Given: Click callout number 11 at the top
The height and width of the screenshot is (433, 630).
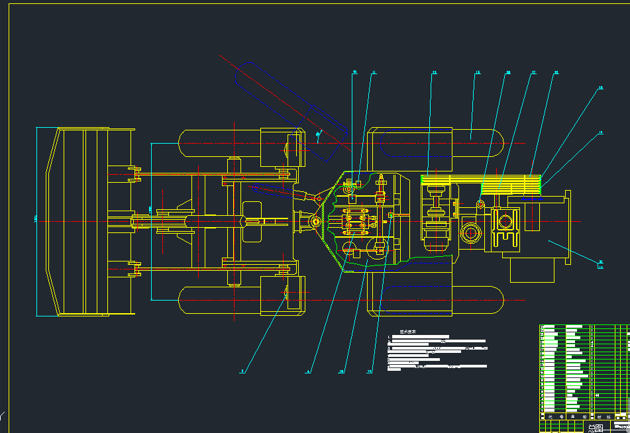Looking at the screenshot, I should point(373,72).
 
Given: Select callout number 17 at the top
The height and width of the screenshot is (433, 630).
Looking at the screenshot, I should point(533,72).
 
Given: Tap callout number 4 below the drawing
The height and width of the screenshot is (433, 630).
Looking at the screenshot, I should point(307,371).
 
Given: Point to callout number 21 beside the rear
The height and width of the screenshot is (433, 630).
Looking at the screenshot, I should point(601,262).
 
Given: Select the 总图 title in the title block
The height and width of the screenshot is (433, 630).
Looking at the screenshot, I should point(596,428).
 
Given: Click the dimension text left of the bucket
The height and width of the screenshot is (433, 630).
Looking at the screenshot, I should point(35,218).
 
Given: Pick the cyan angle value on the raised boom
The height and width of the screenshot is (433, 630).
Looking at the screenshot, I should point(319,137).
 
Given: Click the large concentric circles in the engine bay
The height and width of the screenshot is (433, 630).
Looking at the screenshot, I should point(472,233).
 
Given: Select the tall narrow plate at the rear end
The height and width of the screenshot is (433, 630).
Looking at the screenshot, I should point(567,228).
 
